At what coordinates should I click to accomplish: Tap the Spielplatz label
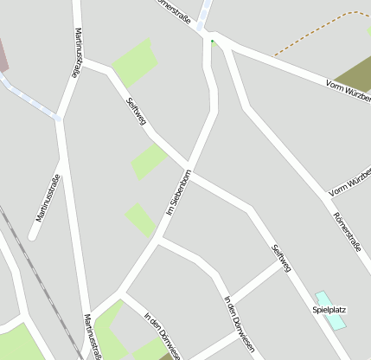click(x=329, y=309)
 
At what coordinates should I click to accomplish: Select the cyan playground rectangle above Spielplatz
click(x=328, y=310)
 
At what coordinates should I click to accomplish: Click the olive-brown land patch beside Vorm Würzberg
click(x=355, y=73)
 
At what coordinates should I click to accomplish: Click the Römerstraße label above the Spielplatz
click(x=346, y=232)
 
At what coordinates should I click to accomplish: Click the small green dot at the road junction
click(x=212, y=41)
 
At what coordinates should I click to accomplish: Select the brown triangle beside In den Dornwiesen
click(x=166, y=356)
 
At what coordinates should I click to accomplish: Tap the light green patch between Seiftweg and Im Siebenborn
click(x=149, y=161)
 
